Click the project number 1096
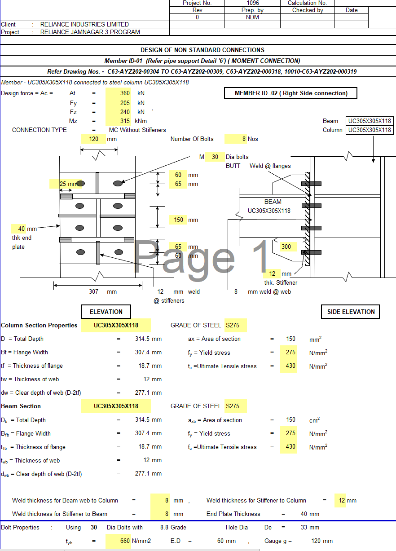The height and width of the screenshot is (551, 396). point(253,3)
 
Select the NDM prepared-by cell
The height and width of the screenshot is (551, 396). point(253,18)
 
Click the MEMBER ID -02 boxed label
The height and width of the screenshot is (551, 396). point(291,93)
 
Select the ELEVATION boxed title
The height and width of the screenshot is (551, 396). point(106,312)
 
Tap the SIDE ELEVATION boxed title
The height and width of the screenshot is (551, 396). point(351,312)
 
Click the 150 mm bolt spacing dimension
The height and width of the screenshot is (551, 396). point(179,220)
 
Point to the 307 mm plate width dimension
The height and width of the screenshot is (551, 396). point(93,291)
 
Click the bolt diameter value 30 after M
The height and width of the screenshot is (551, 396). point(215,157)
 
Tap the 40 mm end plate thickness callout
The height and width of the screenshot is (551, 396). point(22,229)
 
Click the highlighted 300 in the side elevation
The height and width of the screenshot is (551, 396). point(286,247)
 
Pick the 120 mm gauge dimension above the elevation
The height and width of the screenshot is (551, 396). point(94,139)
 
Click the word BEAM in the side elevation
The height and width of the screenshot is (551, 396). point(273,202)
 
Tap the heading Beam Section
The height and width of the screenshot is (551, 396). point(21,406)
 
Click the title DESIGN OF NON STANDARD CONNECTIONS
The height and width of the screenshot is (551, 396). point(202,50)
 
